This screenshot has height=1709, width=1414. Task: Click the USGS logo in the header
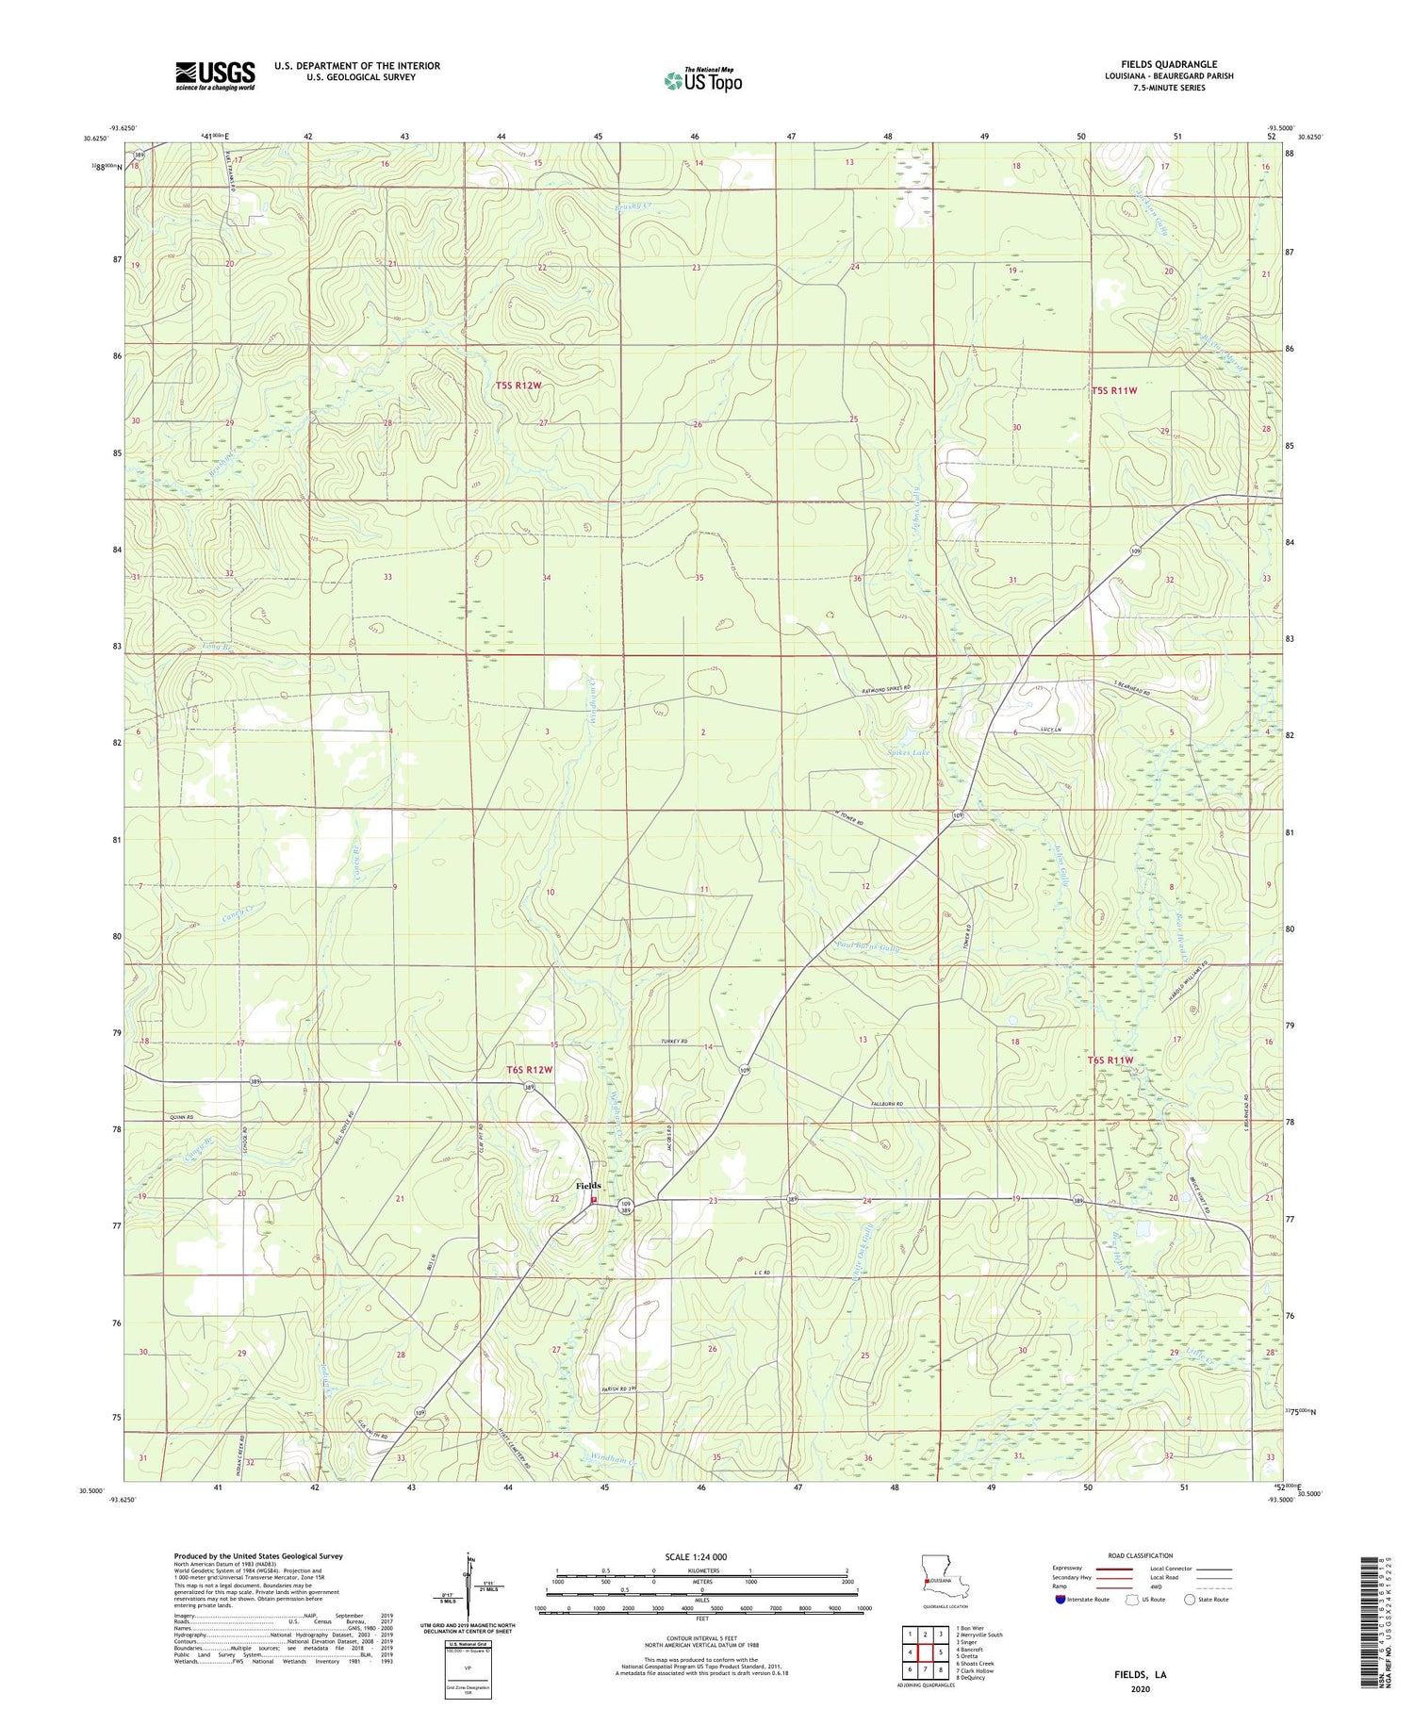click(x=215, y=75)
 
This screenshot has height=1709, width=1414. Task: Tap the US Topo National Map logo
click(x=702, y=79)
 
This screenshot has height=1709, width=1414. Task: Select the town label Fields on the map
click(x=588, y=1185)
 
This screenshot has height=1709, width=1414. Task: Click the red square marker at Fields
click(x=594, y=1200)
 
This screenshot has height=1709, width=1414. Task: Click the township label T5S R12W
click(x=518, y=386)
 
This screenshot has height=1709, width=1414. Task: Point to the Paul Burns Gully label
click(x=868, y=945)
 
